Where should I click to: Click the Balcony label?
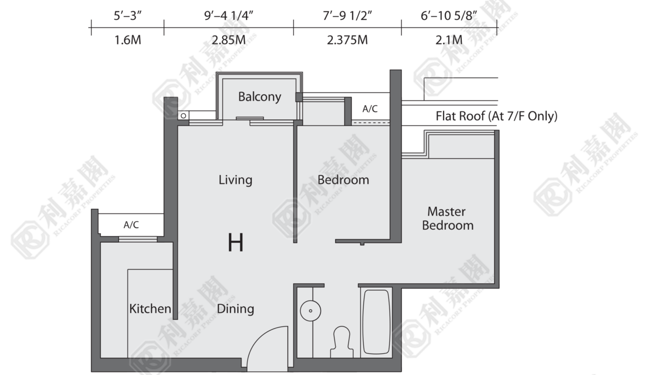pyautogui.click(x=260, y=97)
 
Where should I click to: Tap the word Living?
pyautogui.click(x=235, y=180)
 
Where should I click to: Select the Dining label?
pyautogui.click(x=235, y=309)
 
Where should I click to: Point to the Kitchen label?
pyautogui.click(x=150, y=309)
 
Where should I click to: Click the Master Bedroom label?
pyautogui.click(x=447, y=218)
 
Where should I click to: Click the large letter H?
pyautogui.click(x=236, y=242)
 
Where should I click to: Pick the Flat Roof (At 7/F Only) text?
pyautogui.click(x=496, y=116)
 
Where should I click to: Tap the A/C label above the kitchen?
pyautogui.click(x=131, y=225)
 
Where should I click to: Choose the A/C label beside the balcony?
pyautogui.click(x=370, y=109)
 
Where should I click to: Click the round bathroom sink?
pyautogui.click(x=311, y=311)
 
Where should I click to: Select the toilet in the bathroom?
pyautogui.click(x=342, y=342)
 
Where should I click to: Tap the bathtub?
pyautogui.click(x=377, y=322)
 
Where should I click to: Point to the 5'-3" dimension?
pyautogui.click(x=127, y=16)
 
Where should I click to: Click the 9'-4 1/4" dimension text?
pyautogui.click(x=229, y=16)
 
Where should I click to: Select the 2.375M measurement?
pyautogui.click(x=347, y=40)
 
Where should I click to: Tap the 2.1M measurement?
pyautogui.click(x=449, y=40)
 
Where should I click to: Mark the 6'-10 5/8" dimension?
pyautogui.click(x=449, y=16)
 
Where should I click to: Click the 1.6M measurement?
pyautogui.click(x=128, y=40)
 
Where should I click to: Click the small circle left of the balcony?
pyautogui.click(x=184, y=116)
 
